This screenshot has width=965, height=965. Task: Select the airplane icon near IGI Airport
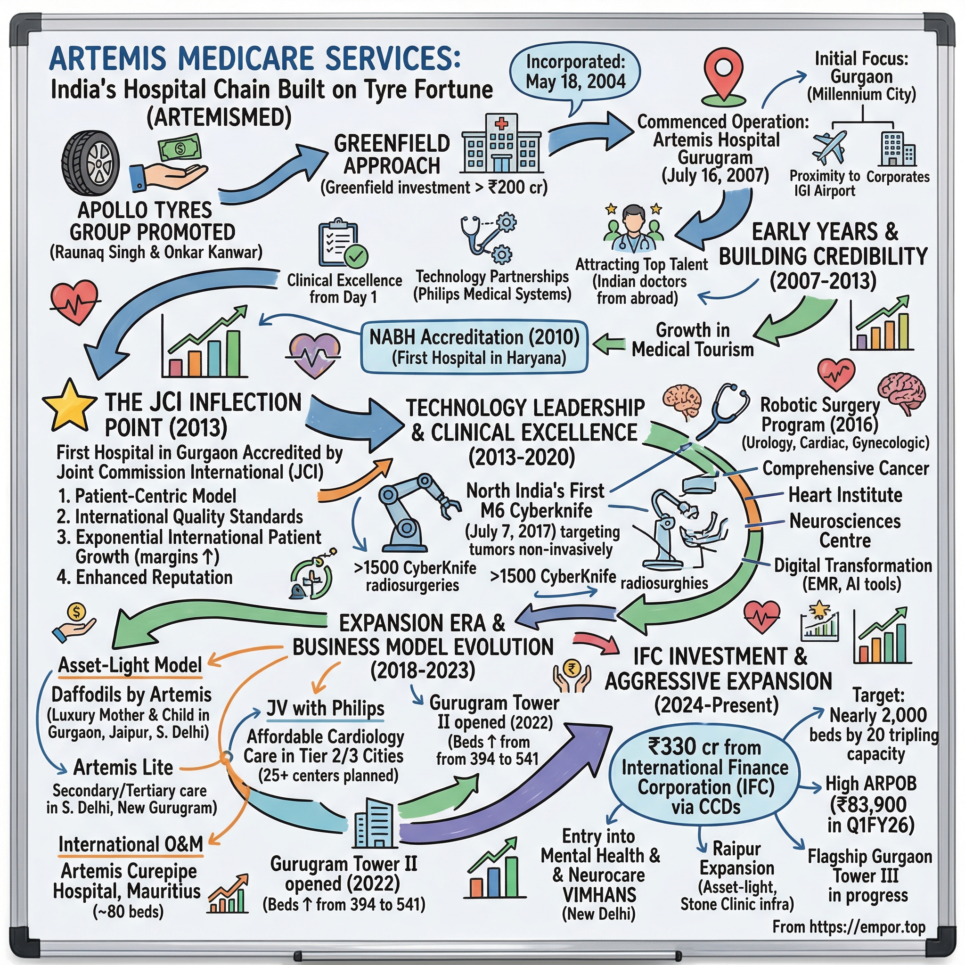click(829, 147)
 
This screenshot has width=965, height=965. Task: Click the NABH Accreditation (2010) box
click(474, 347)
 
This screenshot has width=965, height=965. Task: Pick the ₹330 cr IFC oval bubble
click(705, 777)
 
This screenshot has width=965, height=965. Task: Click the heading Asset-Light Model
click(130, 665)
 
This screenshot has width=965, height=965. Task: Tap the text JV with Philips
click(325, 708)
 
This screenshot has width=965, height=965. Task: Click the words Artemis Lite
click(123, 767)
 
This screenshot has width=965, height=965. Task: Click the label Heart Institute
click(845, 495)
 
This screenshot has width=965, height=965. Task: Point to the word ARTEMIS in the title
click(107, 58)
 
